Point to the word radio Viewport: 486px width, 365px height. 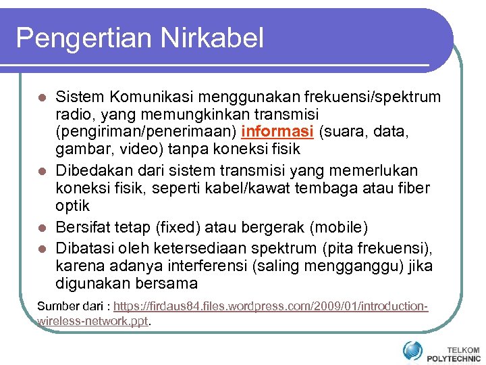coord(74,114)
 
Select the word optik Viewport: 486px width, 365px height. coord(72,205)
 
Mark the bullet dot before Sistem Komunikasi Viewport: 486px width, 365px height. coord(42,98)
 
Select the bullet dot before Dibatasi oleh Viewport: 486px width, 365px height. coord(42,248)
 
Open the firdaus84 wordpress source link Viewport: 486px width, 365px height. coord(270,306)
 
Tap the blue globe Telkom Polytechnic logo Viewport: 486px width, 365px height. coord(412,351)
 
